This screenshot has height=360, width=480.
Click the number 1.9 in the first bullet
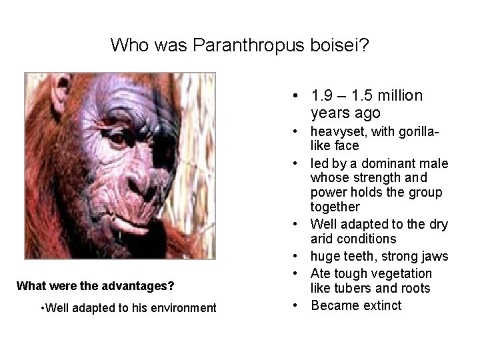point(321,96)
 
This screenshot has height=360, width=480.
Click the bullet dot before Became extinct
point(294,305)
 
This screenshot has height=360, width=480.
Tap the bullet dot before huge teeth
point(294,256)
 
